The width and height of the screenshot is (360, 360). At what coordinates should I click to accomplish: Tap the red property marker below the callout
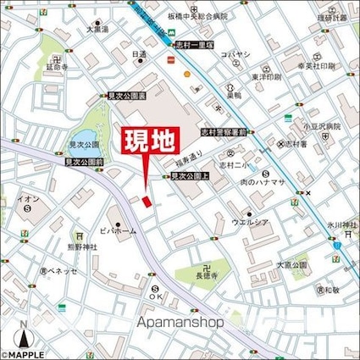pyautogui.click(x=145, y=202)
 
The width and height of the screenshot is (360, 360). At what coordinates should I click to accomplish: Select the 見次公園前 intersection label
pyautogui.click(x=85, y=160)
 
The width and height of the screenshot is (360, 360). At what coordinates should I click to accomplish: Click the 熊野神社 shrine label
pyautogui.click(x=82, y=247)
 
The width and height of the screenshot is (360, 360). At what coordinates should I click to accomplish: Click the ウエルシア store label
pyautogui.click(x=250, y=223)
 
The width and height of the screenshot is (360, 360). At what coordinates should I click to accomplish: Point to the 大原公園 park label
pyautogui.click(x=291, y=264)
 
